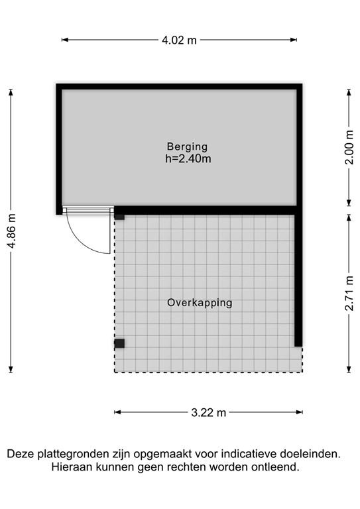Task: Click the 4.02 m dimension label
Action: (x=179, y=40)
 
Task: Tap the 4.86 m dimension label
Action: (x=11, y=230)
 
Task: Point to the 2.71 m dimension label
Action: (x=349, y=293)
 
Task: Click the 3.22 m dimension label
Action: (x=208, y=412)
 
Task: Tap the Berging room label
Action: (x=187, y=146)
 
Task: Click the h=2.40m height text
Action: (x=188, y=158)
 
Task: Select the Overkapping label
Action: (x=200, y=303)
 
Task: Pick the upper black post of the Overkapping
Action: (x=119, y=215)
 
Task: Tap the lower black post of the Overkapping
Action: (x=119, y=343)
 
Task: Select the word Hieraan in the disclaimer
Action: (x=71, y=467)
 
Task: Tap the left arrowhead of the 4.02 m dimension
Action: (x=64, y=40)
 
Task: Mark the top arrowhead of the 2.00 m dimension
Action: (x=349, y=91)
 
